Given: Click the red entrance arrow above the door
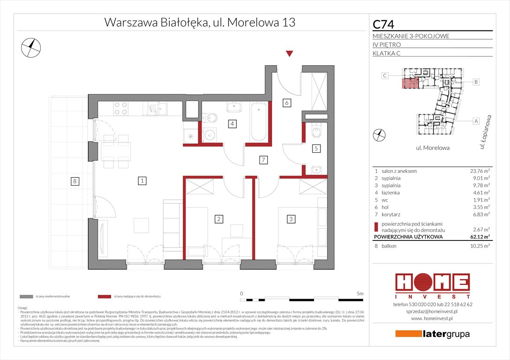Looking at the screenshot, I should [289, 54].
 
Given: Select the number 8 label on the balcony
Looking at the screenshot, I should [74, 181].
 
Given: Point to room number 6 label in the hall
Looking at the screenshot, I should [286, 103].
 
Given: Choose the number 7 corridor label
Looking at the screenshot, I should [264, 160].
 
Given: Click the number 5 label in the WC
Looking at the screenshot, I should [316, 149].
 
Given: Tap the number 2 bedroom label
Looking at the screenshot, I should [218, 218].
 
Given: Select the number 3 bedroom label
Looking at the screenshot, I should [291, 218].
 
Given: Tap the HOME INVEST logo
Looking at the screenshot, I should [432, 285].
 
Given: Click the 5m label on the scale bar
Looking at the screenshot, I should [359, 293].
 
